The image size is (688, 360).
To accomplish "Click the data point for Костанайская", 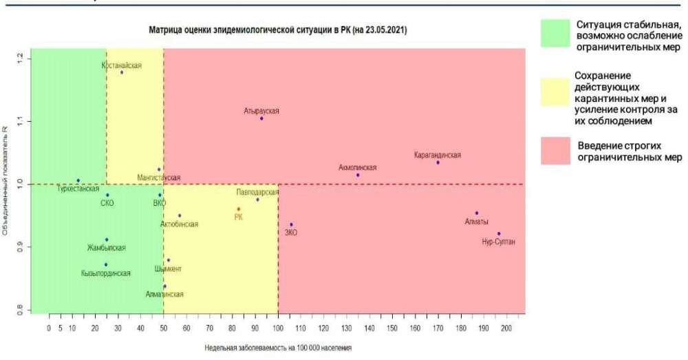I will click(x=122, y=72).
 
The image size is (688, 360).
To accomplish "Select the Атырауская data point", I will click(x=261, y=118).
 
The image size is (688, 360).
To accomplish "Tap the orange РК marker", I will click(x=239, y=209).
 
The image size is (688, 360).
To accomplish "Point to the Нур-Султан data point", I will click(x=499, y=234).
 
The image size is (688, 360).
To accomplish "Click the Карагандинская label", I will click(x=438, y=155).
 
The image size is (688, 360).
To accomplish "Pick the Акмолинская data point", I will click(x=358, y=175).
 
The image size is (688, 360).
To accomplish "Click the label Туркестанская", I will click(x=78, y=188).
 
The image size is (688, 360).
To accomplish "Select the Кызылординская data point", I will click(x=106, y=264).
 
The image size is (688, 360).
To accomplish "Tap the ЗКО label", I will click(x=291, y=233).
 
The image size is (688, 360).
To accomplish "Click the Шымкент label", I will click(x=169, y=268).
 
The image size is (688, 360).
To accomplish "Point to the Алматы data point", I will click(x=476, y=213).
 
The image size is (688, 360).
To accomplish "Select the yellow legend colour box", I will click(x=555, y=96).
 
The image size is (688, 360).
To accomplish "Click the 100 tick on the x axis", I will click(x=278, y=328).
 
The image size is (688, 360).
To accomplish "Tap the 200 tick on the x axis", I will click(x=506, y=328).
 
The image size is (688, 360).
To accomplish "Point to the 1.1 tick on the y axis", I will click(x=20, y=121).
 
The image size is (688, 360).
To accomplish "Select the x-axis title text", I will click(x=278, y=348).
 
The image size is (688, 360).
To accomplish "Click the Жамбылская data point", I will click(x=107, y=240).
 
